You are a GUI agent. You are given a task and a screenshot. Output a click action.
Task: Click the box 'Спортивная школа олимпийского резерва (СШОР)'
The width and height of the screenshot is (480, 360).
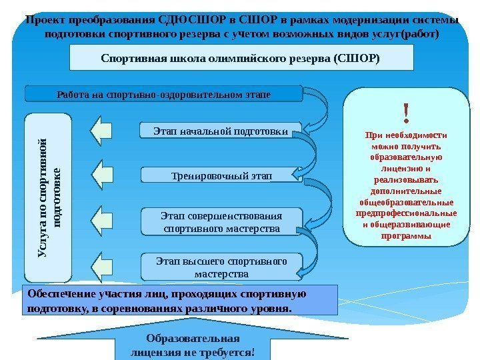240,58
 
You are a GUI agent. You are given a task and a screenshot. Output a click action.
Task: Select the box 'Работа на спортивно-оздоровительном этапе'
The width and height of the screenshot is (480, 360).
163,93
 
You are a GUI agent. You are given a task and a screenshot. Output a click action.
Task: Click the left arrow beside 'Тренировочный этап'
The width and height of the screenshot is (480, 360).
102,175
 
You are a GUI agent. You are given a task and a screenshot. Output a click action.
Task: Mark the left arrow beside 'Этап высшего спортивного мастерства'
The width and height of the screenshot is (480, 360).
102,267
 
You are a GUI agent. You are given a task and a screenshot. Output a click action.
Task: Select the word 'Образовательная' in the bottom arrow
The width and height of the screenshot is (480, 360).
193,337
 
